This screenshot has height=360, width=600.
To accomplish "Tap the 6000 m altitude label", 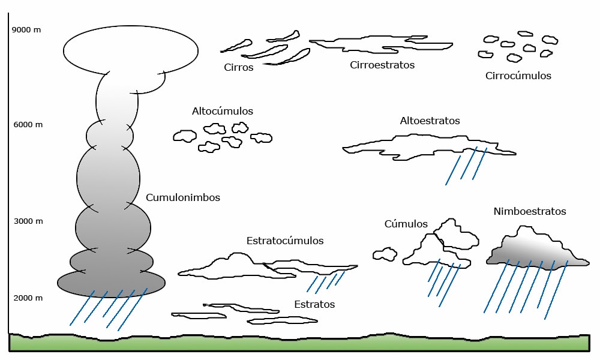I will [x=28, y=125].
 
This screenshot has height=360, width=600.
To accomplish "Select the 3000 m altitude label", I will [x=28, y=221].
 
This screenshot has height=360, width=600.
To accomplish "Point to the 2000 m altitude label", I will [x=28, y=298].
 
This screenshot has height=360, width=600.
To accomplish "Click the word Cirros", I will [x=238, y=67].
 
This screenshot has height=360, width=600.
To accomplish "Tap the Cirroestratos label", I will [x=382, y=65].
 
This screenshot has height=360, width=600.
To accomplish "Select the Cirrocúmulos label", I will [x=518, y=76].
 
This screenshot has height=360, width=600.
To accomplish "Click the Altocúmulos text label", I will [x=222, y=112].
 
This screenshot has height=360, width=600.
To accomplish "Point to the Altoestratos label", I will [x=430, y=121].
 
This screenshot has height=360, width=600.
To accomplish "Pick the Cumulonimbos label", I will [x=182, y=197].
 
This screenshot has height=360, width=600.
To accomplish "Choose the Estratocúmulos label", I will [x=284, y=241].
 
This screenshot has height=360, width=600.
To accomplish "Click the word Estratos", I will [x=314, y=305].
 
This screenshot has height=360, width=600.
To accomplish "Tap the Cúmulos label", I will [x=406, y=224].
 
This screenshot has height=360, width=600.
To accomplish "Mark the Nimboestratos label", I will [x=530, y=212].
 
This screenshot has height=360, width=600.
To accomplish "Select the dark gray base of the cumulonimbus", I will [x=111, y=283].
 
